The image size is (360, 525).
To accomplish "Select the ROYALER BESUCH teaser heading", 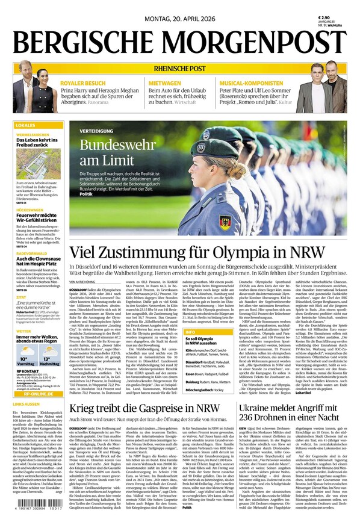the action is [83, 82].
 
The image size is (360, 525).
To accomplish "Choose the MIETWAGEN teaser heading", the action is [165, 82].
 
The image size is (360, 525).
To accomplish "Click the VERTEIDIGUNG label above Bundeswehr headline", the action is [96, 130].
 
